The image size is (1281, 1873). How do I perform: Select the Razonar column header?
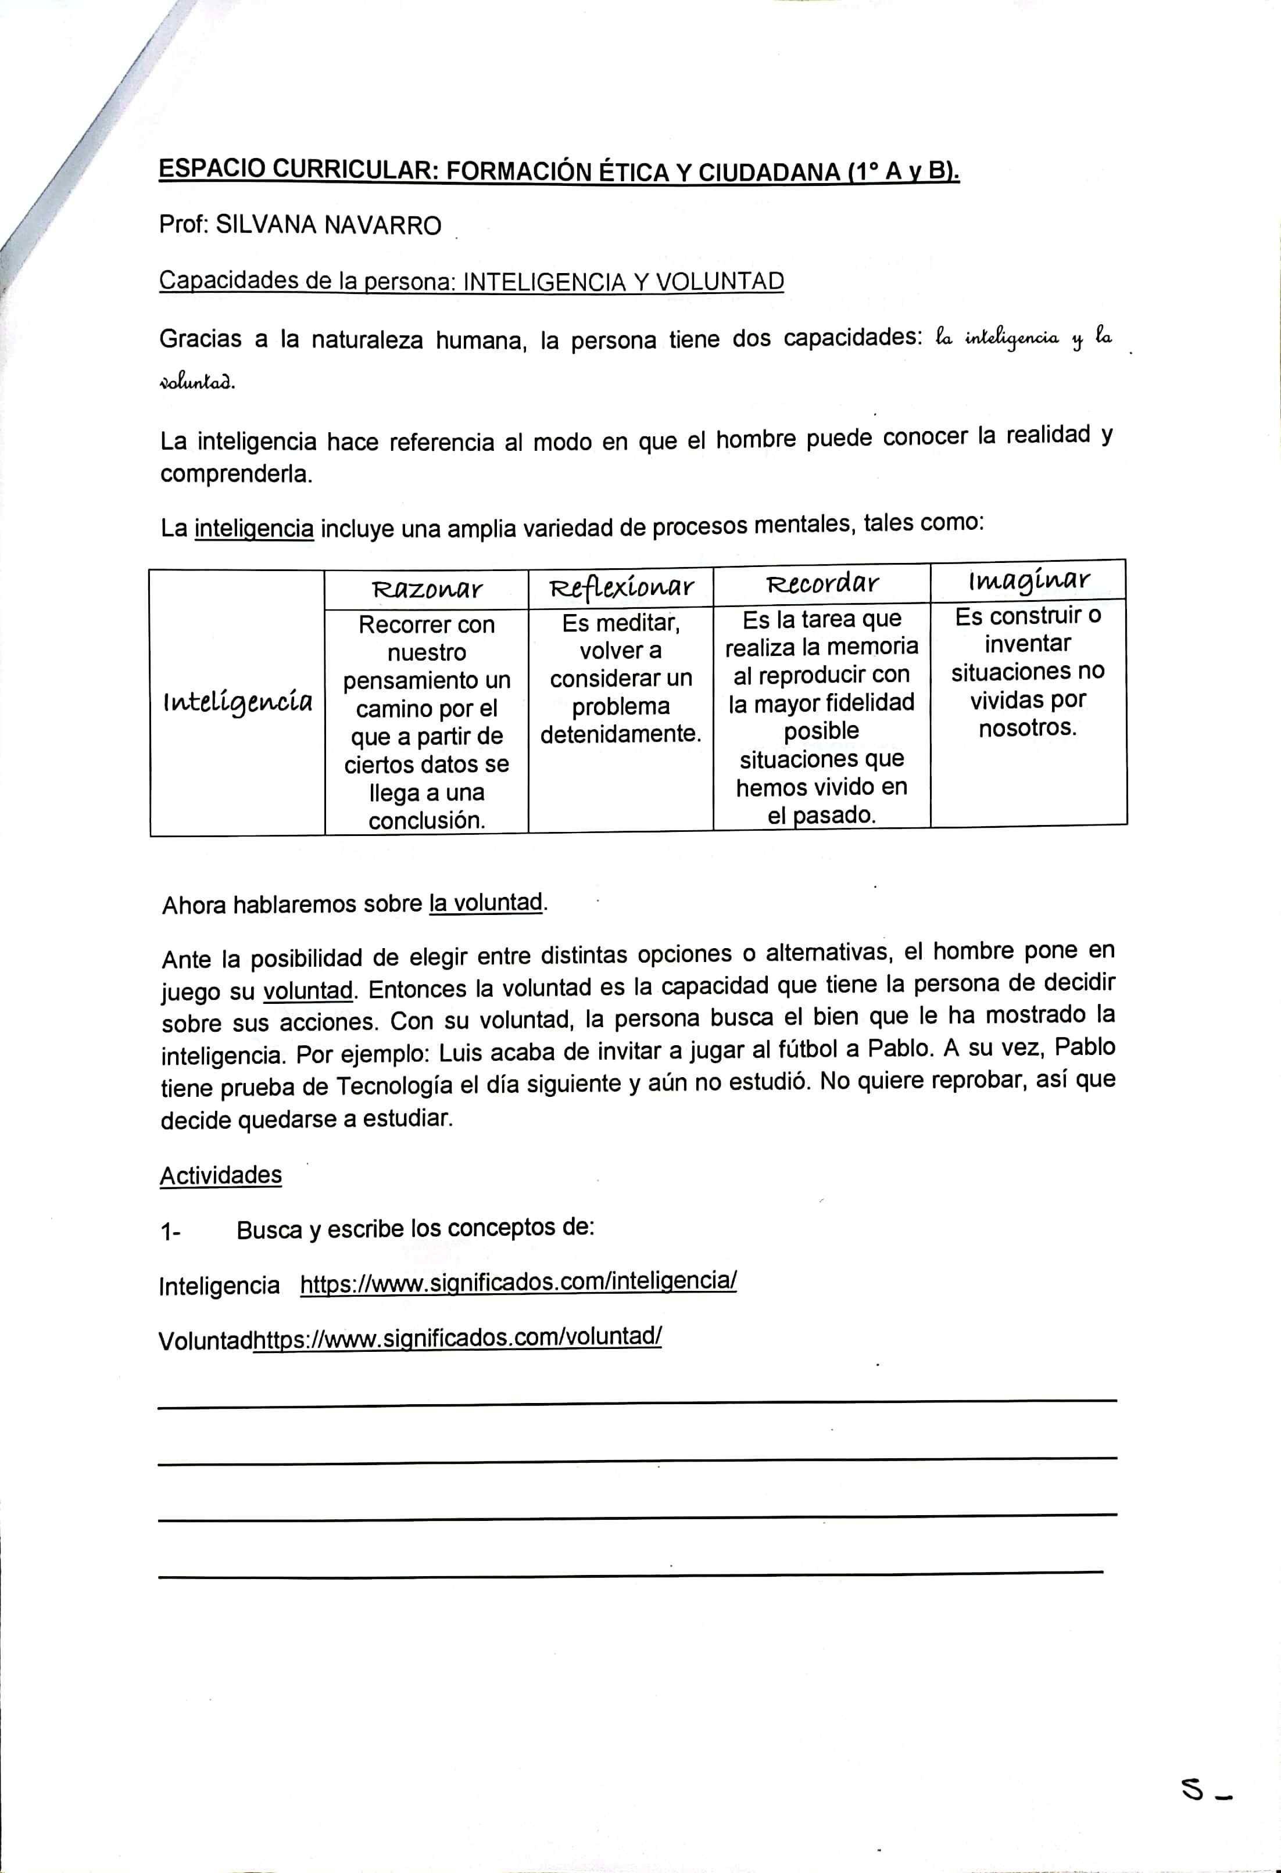pos(427,589)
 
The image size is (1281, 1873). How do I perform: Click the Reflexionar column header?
pos(621,587)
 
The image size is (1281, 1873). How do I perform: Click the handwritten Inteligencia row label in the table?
pos(237,702)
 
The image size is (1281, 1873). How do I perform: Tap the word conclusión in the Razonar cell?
pos(427,820)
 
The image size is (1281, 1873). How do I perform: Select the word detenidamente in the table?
pos(621,733)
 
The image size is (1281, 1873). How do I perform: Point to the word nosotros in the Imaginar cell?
pos(1027,728)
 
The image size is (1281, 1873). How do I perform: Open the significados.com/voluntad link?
pos(457,1337)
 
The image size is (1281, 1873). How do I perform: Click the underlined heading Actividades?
pos(221,1175)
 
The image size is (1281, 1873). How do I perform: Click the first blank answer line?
pos(637,1403)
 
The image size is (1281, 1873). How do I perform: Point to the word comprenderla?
pos(236,474)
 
